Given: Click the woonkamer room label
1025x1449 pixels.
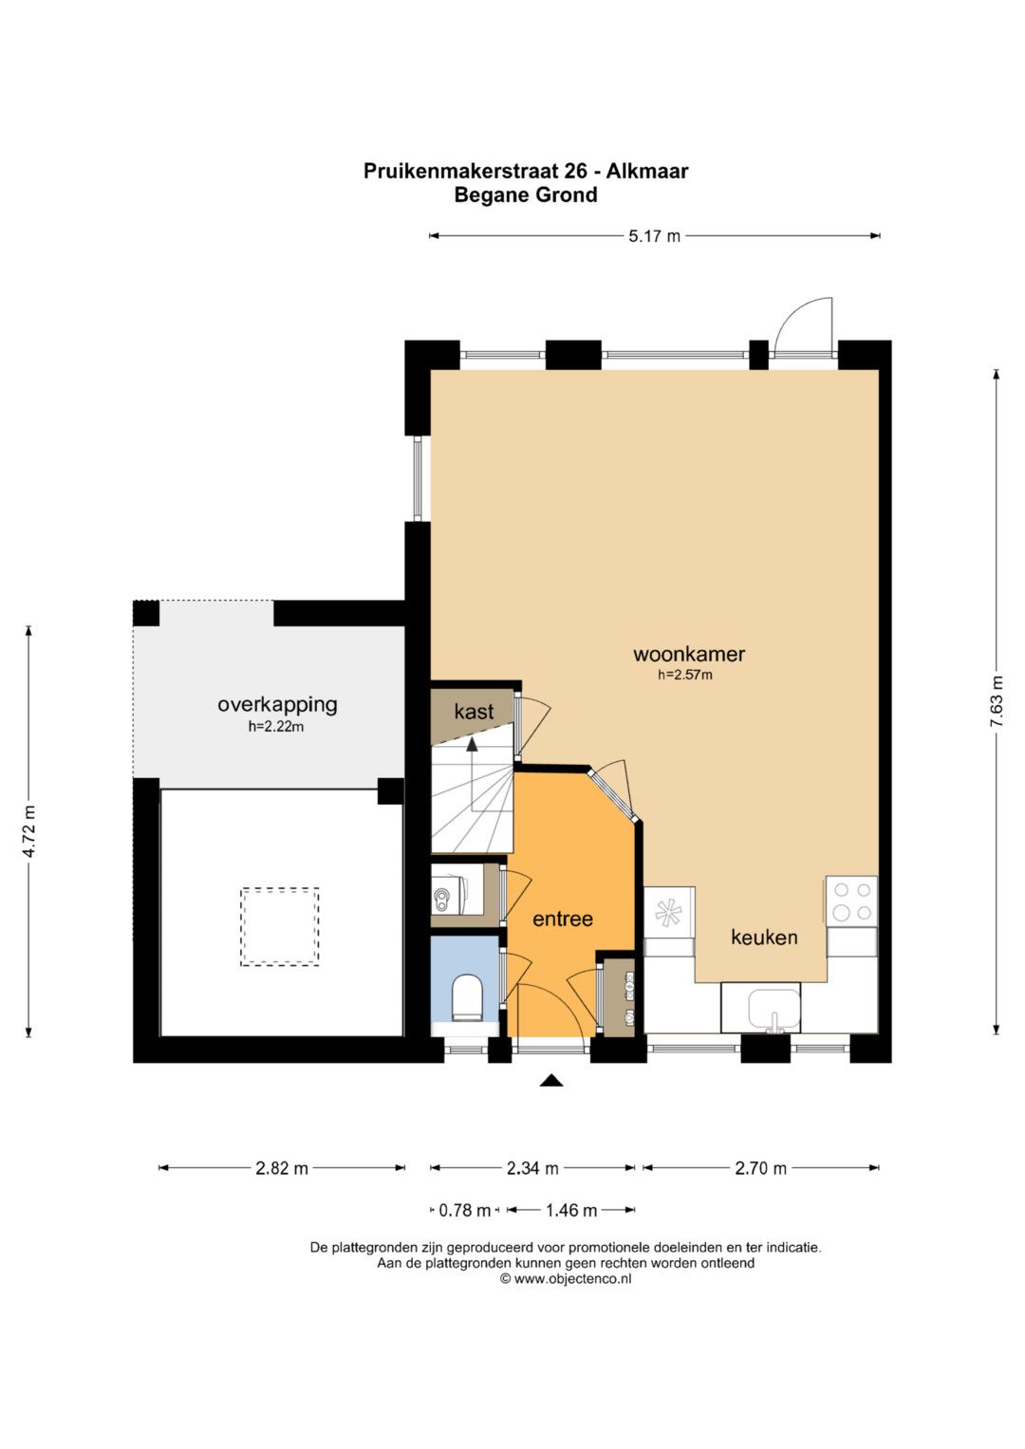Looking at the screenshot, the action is point(688,654).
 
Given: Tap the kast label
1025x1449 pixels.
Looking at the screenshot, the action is point(474,712).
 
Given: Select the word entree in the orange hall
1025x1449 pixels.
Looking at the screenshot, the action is point(562,919).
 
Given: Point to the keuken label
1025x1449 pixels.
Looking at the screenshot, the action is point(764,937).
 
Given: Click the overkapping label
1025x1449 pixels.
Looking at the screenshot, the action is point(277,704).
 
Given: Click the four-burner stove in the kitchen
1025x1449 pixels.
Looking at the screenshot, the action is point(851,901).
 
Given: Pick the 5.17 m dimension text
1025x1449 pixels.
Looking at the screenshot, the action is point(654,236).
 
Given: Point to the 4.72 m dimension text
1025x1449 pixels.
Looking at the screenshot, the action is point(28,831).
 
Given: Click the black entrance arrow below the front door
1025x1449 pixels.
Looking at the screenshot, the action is point(550,1080).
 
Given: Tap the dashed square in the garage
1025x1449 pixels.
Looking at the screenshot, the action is point(280,927).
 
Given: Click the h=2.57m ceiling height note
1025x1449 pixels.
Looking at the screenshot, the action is point(684,675).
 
